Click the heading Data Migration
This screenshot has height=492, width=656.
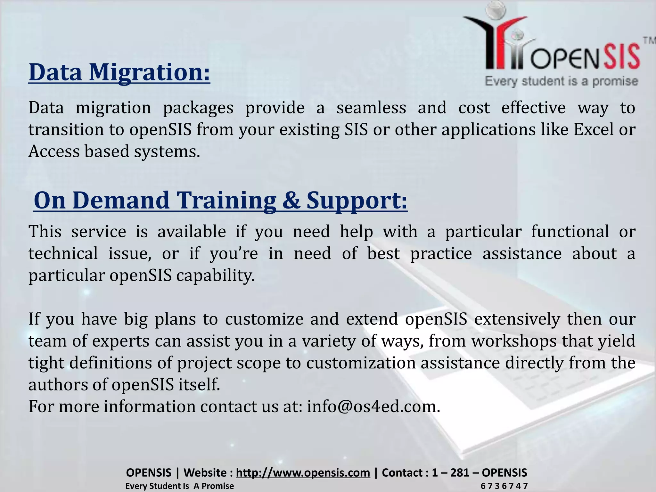pos(119,73)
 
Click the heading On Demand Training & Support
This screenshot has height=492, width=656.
pos(220,201)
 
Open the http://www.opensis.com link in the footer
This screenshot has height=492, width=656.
pos(303,472)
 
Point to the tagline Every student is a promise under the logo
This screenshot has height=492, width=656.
pos(561,81)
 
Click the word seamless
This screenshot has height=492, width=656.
pos(371,108)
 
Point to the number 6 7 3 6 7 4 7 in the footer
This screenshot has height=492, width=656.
pos(504,486)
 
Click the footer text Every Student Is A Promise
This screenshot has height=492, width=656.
pos(179,486)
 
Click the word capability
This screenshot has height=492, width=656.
pos(215,275)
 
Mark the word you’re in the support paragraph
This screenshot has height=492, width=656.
pos(234,254)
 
